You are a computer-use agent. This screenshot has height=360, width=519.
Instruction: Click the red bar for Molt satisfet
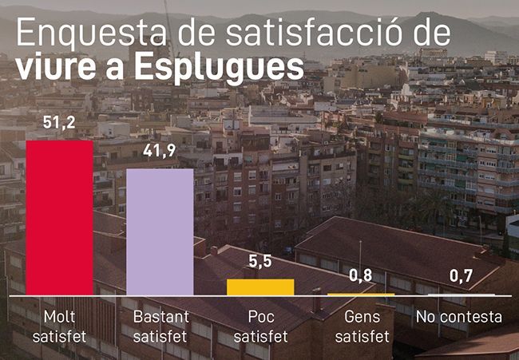[60, 218]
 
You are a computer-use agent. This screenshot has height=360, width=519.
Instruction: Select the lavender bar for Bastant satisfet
[160, 231]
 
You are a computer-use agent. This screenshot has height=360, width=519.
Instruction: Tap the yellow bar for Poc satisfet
[260, 287]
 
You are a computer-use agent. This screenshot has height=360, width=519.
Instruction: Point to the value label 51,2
[60, 125]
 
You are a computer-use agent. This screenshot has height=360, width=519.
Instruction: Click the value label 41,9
[160, 152]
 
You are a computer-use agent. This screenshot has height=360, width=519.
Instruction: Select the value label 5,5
[260, 262]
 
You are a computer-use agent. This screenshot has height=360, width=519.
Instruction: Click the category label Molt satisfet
[60, 326]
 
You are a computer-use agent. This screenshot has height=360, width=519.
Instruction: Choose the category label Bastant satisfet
[160, 326]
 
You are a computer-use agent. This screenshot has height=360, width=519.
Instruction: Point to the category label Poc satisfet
[260, 326]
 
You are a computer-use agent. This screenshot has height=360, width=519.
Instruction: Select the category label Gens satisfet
[362, 326]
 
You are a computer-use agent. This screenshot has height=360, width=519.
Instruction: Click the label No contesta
[459, 317]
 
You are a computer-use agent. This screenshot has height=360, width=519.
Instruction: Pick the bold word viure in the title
[54, 68]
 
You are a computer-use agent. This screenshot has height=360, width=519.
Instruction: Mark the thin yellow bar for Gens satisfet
[362, 295]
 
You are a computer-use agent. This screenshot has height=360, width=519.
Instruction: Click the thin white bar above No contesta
[461, 295]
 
